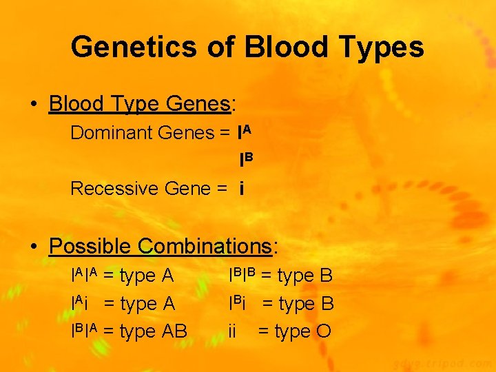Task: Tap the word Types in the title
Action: pos(383,48)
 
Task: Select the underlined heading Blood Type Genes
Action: pos(141,104)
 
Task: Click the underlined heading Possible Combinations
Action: pos(161,246)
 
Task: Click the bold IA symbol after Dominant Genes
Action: pos(245,132)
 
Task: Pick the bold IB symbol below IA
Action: pos(245,160)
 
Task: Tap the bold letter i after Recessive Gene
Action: pos(242,188)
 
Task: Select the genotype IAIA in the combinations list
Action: pos(85,276)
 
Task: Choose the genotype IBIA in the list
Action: pos(85,331)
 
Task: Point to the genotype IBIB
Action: pos(242,276)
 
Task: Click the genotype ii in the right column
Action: pos(233,331)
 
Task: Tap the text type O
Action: pos(303,331)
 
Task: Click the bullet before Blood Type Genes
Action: pos(33,105)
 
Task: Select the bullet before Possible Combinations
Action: pos(33,247)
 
